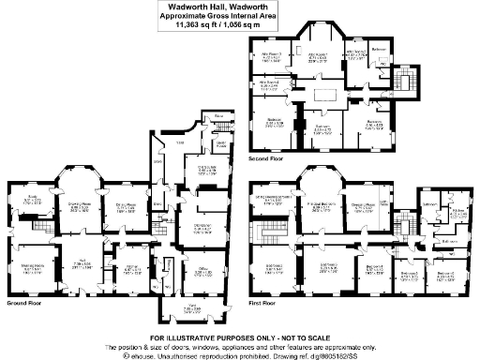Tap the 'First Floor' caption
(264, 304)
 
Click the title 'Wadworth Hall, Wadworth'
(240, 7)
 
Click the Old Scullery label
(208, 169)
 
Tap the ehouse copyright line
(240, 352)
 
